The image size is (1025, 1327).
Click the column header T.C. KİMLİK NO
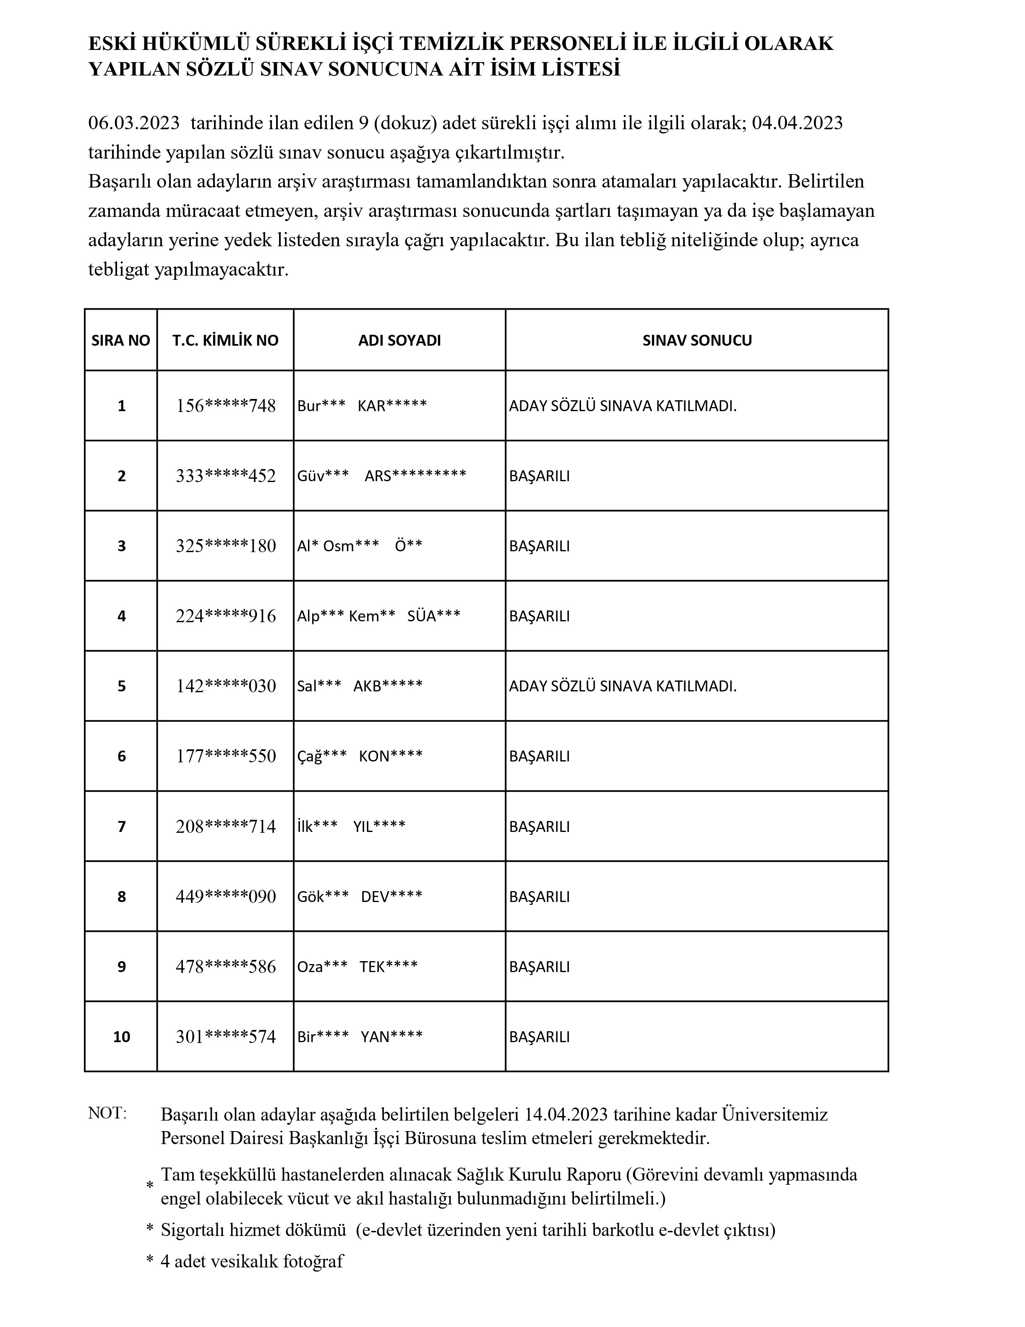[225, 340]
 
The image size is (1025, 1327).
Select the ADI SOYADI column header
[399, 340]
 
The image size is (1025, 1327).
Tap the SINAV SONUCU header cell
[697, 340]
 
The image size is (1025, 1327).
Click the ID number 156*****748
[225, 406]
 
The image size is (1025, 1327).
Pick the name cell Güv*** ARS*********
[381, 476]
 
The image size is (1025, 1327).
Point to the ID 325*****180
[225, 546]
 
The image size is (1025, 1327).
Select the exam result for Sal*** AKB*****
[623, 686]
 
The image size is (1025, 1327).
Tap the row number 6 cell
[122, 756]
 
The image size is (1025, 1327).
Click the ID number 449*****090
[225, 896]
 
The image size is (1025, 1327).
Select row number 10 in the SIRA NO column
[122, 1037]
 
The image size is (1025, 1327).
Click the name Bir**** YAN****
[360, 1037]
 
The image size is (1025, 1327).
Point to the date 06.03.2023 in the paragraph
[134, 123]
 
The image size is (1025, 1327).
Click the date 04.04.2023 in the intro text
[797, 123]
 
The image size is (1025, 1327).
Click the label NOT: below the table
[107, 1113]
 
